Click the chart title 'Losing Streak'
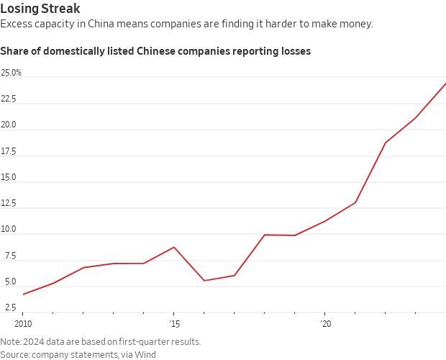[40, 9]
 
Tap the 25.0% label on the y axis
[12, 73]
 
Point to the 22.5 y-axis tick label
[9, 99]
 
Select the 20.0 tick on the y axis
[9, 125]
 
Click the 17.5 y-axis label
[9, 151]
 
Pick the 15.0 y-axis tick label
[9, 177]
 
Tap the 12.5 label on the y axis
[9, 204]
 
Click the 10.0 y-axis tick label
[9, 230]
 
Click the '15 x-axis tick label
[173, 324]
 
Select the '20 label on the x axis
[324, 324]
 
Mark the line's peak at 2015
[174, 247]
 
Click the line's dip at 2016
[204, 281]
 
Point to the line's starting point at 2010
[23, 294]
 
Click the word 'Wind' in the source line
[146, 354]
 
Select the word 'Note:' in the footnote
[11, 341]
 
